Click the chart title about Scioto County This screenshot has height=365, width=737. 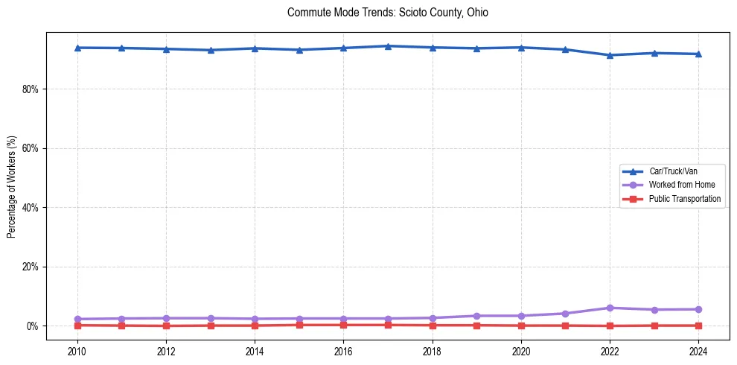click(x=387, y=13)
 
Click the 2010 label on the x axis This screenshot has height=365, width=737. click(x=77, y=350)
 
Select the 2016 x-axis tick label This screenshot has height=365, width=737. click(x=343, y=350)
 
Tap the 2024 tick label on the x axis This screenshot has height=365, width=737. click(x=699, y=350)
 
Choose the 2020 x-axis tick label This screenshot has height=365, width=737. click(x=521, y=350)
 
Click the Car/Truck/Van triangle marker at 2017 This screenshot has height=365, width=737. click(x=388, y=46)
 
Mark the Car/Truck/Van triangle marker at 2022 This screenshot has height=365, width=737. click(x=610, y=55)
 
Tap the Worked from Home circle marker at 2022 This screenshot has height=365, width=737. click(x=610, y=308)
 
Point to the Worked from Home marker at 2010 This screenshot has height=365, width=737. click(x=77, y=319)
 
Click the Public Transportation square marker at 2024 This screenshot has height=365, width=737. click(x=699, y=326)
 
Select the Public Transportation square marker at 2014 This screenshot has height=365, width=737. click(x=255, y=326)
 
